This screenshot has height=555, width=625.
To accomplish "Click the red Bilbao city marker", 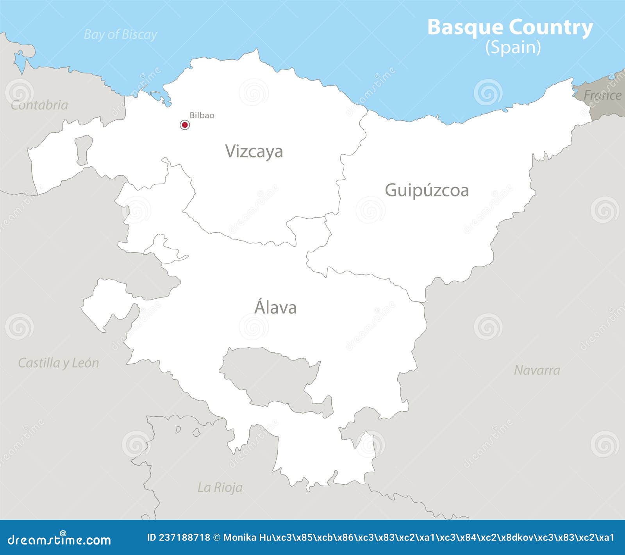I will coord(185,125).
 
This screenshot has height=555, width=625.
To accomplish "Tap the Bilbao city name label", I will coord(202,115).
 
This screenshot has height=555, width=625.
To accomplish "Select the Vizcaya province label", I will coord(254,152).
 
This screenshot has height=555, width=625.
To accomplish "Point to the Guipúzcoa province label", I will coord(427,190).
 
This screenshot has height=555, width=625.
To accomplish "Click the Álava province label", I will coord(275,307).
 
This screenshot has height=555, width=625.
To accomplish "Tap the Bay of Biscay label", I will coord(120,35).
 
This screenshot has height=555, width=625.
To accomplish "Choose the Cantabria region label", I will coord(39,105).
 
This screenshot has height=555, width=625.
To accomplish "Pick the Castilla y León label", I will coord(59,363).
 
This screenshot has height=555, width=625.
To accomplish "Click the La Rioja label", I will coord(220,487).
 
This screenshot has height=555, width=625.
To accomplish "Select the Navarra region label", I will coord(537,370).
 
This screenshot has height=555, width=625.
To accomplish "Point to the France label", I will coord(602,95).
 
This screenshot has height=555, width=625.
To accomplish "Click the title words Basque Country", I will coord(510,27).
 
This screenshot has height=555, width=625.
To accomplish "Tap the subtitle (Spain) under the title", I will coord(513,48).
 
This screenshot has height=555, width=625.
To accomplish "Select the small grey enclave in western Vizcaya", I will coord(83,150).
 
